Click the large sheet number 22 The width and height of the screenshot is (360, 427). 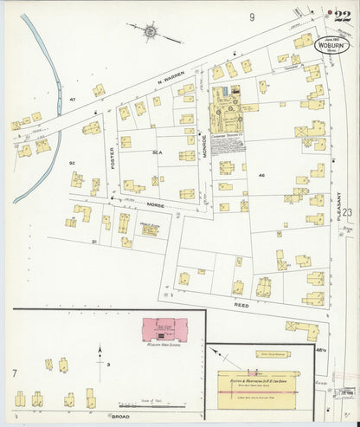(342, 16)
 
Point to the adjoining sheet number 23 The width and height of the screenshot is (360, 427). (347, 211)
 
